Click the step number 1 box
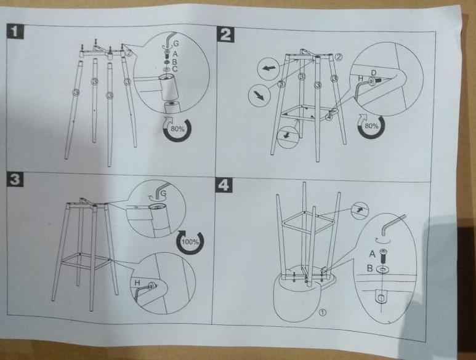pyautogui.click(x=15, y=31)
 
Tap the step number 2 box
pyautogui.click(x=225, y=34)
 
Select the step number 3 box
pyautogui.click(x=15, y=179)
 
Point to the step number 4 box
pyautogui.click(x=224, y=185)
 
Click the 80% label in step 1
pyautogui.click(x=177, y=129)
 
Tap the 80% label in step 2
pyautogui.click(x=371, y=126)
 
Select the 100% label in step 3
pyautogui.click(x=190, y=242)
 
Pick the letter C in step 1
pyautogui.click(x=174, y=69)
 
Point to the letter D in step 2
pyautogui.click(x=374, y=73)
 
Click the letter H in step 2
pyautogui.click(x=361, y=78)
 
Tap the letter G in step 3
pyautogui.click(x=163, y=193)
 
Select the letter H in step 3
pyautogui.click(x=137, y=282)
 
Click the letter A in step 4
pyautogui.click(x=373, y=254)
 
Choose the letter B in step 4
pyautogui.click(x=369, y=268)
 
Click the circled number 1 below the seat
pyautogui.click(x=323, y=312)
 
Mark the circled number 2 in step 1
pyautogui.click(x=129, y=52)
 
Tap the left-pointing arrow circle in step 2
pyautogui.click(x=267, y=68)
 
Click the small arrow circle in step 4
pyautogui.click(x=360, y=210)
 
